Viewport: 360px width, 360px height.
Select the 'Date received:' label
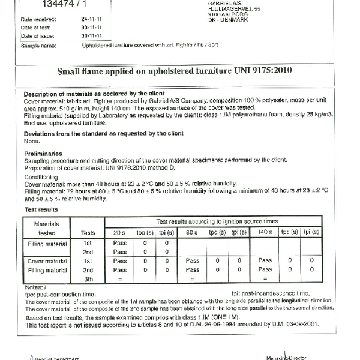pos(38,19)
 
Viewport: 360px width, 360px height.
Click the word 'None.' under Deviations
pos(31,140)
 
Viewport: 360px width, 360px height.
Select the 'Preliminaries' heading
pos(42,153)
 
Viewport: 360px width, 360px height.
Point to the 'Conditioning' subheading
pos(41,177)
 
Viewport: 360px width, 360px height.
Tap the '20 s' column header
pos(119,232)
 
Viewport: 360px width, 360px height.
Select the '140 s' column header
pos(265,232)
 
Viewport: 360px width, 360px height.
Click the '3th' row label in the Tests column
pos(88,279)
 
